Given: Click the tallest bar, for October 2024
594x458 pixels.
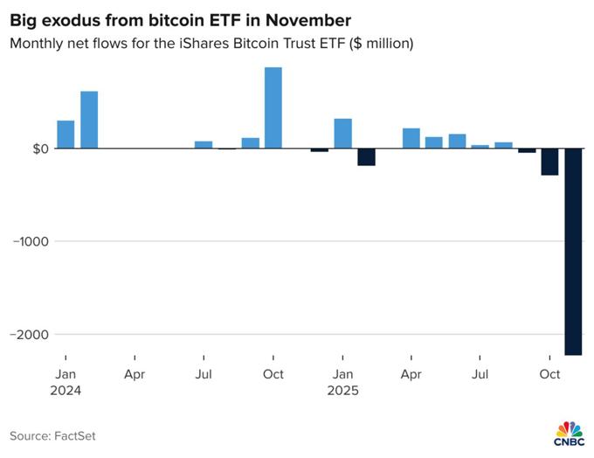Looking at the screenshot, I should [x=273, y=108].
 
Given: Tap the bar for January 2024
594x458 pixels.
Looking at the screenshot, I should [x=66, y=135].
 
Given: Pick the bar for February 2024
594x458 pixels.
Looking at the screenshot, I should [x=89, y=120].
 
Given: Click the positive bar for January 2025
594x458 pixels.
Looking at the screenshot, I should [x=342, y=134].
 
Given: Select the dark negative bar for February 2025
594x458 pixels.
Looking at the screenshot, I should [x=366, y=157].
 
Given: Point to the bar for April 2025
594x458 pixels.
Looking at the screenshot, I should [x=411, y=138].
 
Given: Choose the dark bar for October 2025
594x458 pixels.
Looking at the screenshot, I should [x=549, y=162].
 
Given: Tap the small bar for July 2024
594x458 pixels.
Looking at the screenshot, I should [x=204, y=145].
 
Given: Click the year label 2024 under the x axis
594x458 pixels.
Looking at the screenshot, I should [x=66, y=391].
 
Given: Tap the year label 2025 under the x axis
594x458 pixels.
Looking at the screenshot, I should [x=342, y=391].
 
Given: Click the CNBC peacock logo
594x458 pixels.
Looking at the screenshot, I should [x=569, y=431].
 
